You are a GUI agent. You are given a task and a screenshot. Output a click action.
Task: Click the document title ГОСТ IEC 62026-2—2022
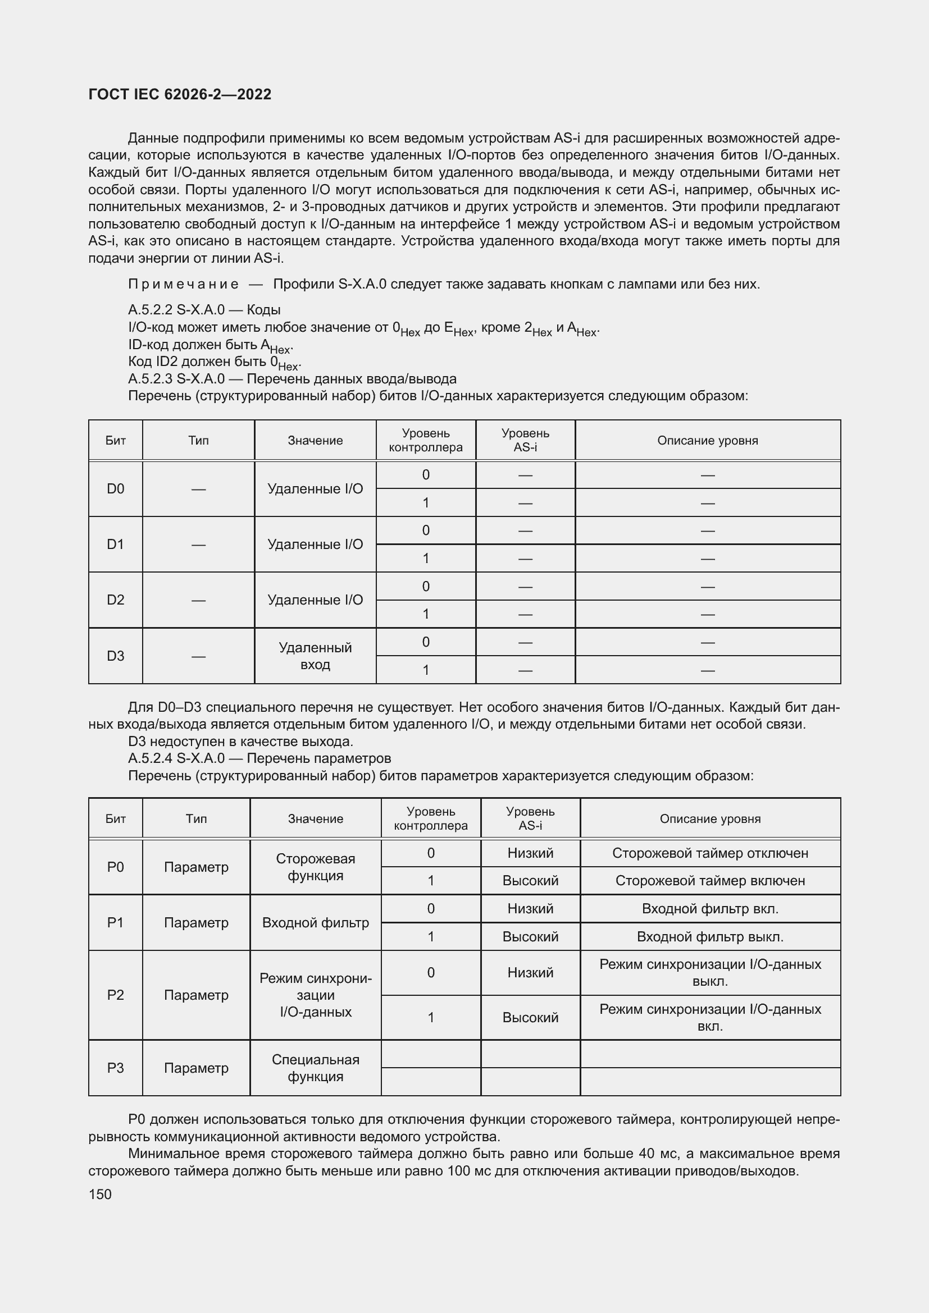coord(180,94)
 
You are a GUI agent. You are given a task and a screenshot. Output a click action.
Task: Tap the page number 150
coord(100,1194)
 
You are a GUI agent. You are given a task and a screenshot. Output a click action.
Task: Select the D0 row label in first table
coord(116,489)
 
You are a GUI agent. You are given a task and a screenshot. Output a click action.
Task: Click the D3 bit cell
coord(116,656)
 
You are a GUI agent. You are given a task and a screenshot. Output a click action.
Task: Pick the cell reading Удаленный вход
coord(315,656)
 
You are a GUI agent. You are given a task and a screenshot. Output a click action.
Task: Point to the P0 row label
coord(116,867)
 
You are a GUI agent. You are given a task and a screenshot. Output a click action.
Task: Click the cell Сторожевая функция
coord(315,867)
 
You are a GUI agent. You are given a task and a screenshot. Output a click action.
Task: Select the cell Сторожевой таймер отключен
coord(710,853)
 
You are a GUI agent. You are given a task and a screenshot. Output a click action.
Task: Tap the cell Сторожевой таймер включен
coord(710,881)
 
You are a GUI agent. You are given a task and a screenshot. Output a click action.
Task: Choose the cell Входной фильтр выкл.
coord(710,937)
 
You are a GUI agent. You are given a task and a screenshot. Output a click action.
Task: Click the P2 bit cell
coord(116,995)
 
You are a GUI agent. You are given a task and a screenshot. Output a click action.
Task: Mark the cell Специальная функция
coord(315,1068)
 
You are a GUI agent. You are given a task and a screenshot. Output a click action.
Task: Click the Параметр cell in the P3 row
coord(196,1068)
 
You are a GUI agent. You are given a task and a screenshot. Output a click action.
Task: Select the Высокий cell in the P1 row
coord(530,937)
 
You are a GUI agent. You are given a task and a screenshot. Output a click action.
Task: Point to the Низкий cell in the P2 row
coord(530,973)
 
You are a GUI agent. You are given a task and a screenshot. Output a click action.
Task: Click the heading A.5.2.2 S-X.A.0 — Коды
coord(204,310)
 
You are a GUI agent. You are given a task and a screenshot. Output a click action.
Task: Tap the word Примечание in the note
coord(183,284)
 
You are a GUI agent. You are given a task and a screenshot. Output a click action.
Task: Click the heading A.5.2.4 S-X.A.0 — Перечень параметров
coord(259,758)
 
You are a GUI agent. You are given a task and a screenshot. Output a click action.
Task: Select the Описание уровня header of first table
coord(708,440)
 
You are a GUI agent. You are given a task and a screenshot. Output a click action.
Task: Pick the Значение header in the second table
coord(315,818)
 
